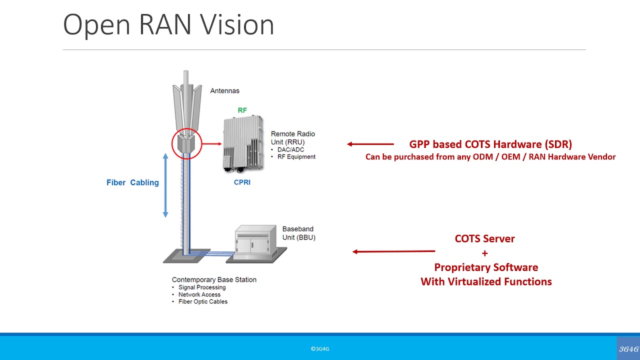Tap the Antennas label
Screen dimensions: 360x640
(x=224, y=90)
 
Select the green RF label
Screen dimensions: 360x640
(x=242, y=110)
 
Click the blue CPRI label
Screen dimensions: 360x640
(x=242, y=182)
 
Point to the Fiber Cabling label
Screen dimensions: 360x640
(x=132, y=182)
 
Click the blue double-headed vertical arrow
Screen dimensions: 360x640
(x=165, y=185)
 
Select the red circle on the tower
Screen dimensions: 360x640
(x=186, y=143)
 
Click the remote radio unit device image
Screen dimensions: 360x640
(x=242, y=144)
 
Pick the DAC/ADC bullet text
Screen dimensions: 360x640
(x=290, y=149)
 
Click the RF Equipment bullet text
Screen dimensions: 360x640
(x=296, y=156)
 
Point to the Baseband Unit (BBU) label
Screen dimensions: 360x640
(x=298, y=233)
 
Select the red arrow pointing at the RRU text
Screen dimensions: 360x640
(x=370, y=144)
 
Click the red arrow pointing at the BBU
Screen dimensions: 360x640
(x=393, y=251)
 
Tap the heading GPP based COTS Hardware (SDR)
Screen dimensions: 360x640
(x=490, y=144)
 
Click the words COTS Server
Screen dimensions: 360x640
(x=484, y=238)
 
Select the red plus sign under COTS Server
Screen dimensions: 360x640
(x=484, y=253)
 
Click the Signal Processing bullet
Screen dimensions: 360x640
(x=202, y=287)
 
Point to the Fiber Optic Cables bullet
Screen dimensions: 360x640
(x=202, y=301)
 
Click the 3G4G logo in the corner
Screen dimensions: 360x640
(x=628, y=348)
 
